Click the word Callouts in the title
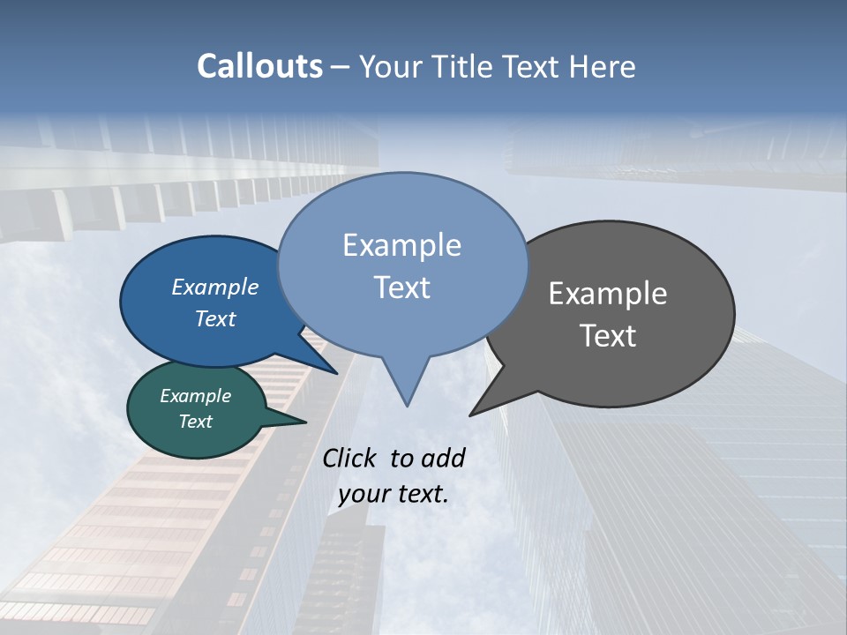(x=259, y=66)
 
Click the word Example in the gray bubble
(x=608, y=294)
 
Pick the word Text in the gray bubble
(x=608, y=336)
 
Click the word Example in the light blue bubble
(x=401, y=245)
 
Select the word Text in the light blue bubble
(x=401, y=288)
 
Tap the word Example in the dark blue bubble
(x=215, y=287)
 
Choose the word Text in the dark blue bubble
(x=215, y=318)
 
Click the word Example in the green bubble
(x=195, y=396)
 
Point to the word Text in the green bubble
(x=195, y=422)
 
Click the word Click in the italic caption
(x=351, y=458)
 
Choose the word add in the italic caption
(x=445, y=458)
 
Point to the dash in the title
(x=341, y=67)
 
